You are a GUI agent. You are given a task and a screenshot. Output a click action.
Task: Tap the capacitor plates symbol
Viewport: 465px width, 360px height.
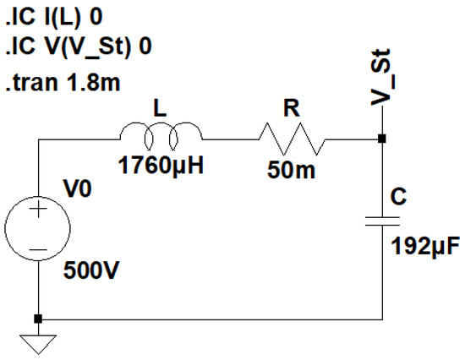pyautogui.click(x=382, y=221)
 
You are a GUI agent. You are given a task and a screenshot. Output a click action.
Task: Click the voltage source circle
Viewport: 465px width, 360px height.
pyautogui.click(x=38, y=228)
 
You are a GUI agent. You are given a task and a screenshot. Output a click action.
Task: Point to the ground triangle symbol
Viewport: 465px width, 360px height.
pyautogui.click(x=38, y=342)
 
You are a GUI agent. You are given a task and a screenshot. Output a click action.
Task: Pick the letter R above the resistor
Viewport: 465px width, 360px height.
pyautogui.click(x=290, y=107)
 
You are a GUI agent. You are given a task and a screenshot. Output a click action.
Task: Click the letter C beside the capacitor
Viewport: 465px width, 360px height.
pyautogui.click(x=402, y=196)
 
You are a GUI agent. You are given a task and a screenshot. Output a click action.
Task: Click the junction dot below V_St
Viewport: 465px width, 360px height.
pyautogui.click(x=382, y=139)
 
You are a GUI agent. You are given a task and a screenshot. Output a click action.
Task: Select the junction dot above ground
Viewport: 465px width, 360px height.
pyautogui.click(x=38, y=319)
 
